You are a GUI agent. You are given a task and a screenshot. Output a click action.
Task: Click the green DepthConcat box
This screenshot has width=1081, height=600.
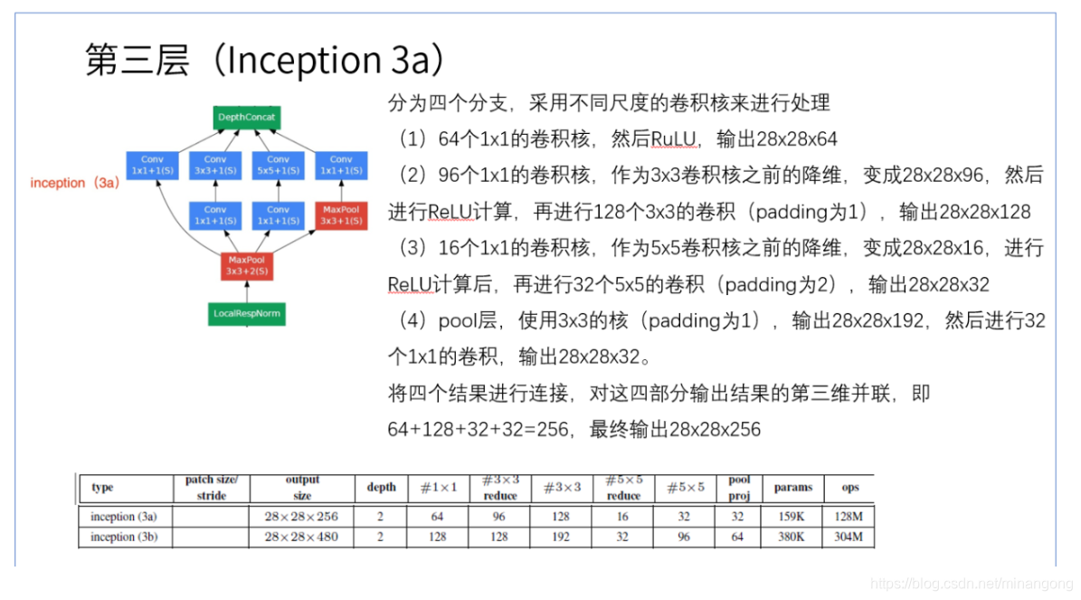(247, 118)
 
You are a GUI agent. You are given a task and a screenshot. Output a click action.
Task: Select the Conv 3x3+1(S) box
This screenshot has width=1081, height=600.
(215, 165)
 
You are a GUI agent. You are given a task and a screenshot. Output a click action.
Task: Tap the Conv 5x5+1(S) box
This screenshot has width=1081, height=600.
(278, 165)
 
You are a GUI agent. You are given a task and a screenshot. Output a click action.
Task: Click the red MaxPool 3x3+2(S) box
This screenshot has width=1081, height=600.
(247, 265)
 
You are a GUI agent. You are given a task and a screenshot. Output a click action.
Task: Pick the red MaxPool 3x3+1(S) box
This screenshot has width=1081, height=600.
(341, 215)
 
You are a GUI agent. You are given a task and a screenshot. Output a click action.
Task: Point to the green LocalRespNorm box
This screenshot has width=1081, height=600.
(247, 314)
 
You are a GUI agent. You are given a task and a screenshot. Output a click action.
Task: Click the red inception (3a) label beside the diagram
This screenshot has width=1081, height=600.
(75, 183)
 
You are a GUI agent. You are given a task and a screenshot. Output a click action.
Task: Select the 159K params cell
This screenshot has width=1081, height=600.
(792, 517)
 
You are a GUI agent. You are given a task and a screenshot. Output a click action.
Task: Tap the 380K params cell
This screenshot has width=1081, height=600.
(792, 537)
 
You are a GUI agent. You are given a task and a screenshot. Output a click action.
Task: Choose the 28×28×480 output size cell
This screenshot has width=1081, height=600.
(301, 537)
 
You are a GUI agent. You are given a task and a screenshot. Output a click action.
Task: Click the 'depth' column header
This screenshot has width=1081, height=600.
(381, 488)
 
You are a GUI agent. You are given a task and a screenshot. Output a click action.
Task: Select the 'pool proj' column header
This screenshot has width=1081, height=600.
(739, 488)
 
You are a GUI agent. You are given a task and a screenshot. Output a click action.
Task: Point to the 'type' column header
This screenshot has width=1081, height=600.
(103, 488)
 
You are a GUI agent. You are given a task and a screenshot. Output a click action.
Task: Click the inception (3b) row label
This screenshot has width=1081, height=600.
(124, 537)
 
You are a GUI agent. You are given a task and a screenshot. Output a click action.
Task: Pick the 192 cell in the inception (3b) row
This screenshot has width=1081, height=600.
(561, 537)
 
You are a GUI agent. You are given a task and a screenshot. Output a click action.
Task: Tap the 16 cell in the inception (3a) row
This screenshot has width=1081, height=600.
(622, 517)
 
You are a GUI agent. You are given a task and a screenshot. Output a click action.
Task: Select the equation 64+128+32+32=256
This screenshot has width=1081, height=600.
(474, 430)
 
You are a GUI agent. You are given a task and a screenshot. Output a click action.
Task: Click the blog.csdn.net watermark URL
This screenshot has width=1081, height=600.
(967, 585)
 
